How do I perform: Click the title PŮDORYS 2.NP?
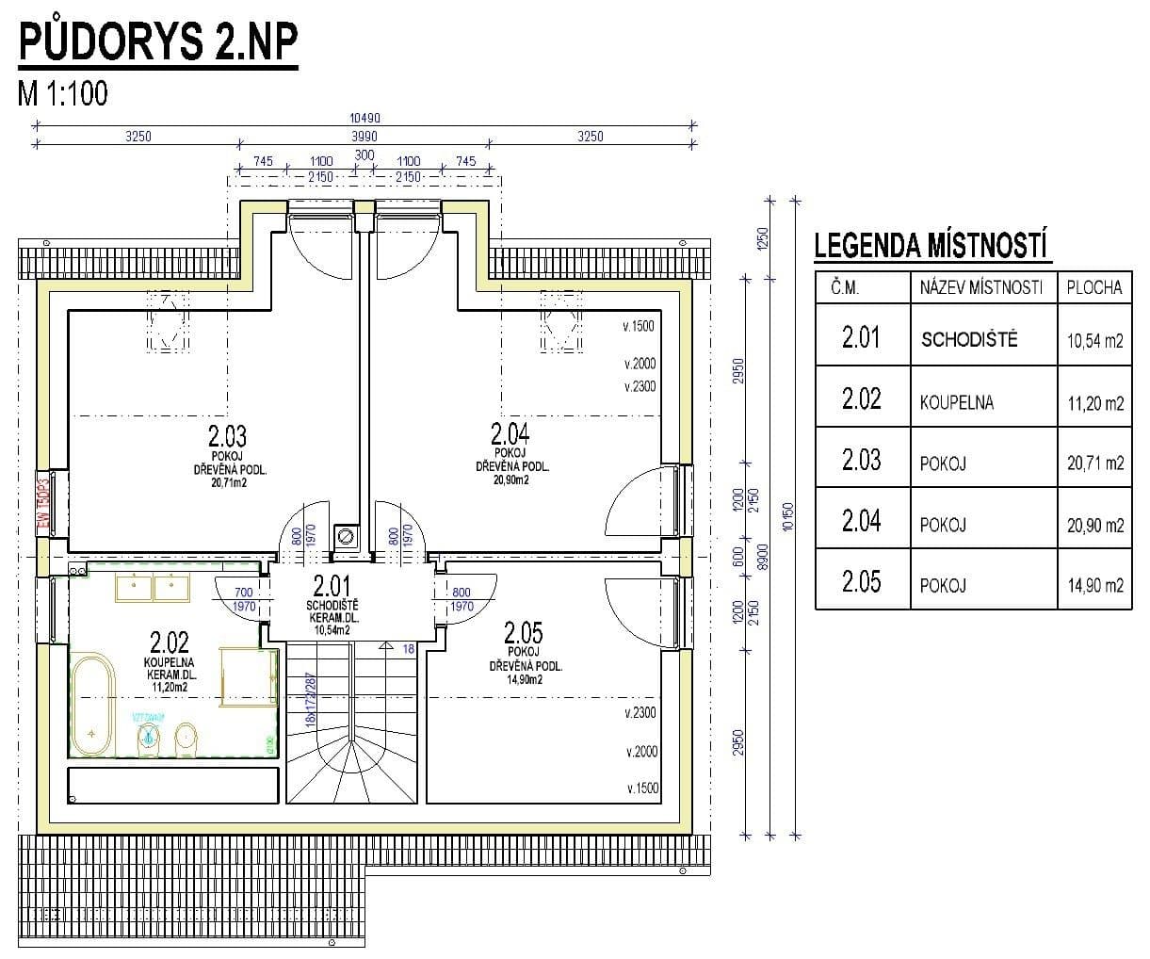click(157, 41)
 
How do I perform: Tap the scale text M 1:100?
click(63, 93)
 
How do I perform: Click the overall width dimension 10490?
click(364, 118)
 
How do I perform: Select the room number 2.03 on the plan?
click(226, 436)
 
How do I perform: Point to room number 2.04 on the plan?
click(510, 433)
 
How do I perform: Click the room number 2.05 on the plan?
click(523, 630)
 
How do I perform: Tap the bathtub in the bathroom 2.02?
click(92, 703)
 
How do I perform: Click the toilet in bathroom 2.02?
click(186, 739)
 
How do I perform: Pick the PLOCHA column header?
click(1094, 288)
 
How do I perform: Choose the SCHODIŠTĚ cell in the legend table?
click(969, 340)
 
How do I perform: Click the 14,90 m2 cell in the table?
click(1094, 586)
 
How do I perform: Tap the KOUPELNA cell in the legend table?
click(957, 402)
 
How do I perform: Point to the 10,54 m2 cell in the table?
click(1094, 341)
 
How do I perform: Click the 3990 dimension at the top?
click(364, 137)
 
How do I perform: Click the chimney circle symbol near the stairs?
click(345, 536)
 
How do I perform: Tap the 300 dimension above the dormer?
click(364, 155)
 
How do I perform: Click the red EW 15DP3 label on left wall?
click(40, 501)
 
